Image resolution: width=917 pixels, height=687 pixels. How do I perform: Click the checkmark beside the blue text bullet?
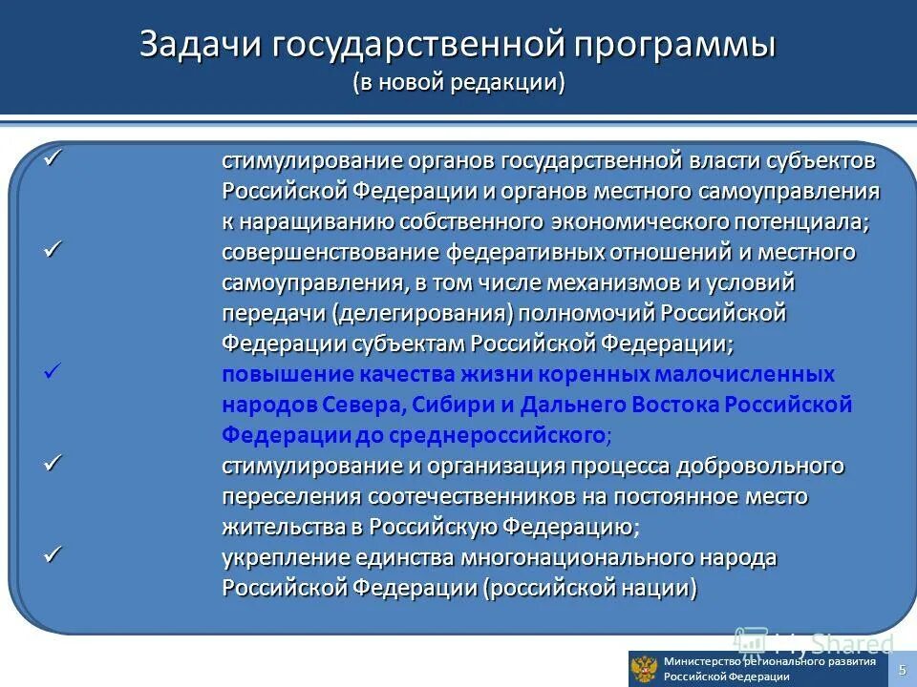click(x=53, y=372)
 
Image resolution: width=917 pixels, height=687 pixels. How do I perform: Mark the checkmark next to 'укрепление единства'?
click(x=53, y=554)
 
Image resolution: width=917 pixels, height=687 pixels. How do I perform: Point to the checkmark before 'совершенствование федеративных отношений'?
click(x=53, y=250)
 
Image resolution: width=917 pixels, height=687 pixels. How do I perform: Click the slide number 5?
click(x=901, y=669)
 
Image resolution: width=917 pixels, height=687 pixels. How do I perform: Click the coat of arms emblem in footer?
click(x=645, y=669)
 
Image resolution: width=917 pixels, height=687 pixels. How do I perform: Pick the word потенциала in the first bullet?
click(x=814, y=221)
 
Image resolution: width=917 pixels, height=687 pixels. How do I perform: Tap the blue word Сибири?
click(x=452, y=405)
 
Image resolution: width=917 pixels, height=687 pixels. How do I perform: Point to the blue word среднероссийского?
click(x=509, y=435)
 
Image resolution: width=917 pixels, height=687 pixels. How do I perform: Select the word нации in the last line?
click(x=655, y=588)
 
